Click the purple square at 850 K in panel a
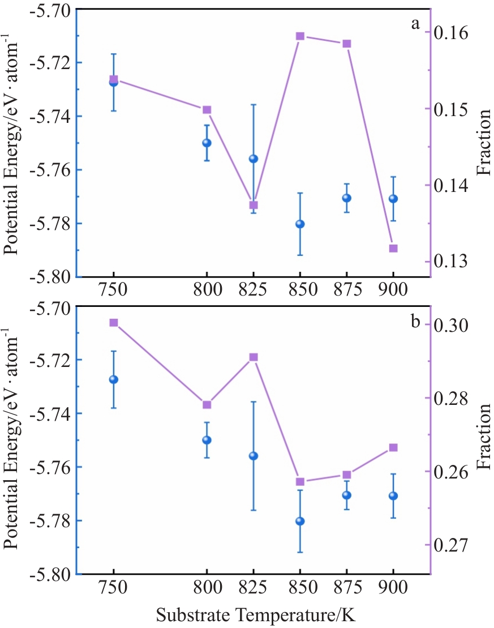click(x=300, y=36)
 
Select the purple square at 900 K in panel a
click(x=393, y=249)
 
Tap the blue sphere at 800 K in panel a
click(x=207, y=143)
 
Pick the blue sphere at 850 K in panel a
click(x=300, y=224)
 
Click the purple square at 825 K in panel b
click(x=254, y=357)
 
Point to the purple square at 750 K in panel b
click(x=114, y=323)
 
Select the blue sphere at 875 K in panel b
click(x=347, y=495)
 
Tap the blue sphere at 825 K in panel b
click(x=254, y=456)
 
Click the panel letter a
click(x=415, y=24)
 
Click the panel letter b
click(x=415, y=321)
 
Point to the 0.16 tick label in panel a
click(x=451, y=33)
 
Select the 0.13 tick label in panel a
click(x=451, y=261)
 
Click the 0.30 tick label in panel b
click(x=451, y=325)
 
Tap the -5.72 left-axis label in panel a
click(x=50, y=62)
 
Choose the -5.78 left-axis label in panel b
click(x=50, y=520)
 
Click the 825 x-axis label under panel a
click(x=253, y=289)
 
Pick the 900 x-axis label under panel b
click(x=393, y=588)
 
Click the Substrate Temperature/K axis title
click(x=256, y=615)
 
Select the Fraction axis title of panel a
click(x=484, y=142)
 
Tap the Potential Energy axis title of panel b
click(x=11, y=438)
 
